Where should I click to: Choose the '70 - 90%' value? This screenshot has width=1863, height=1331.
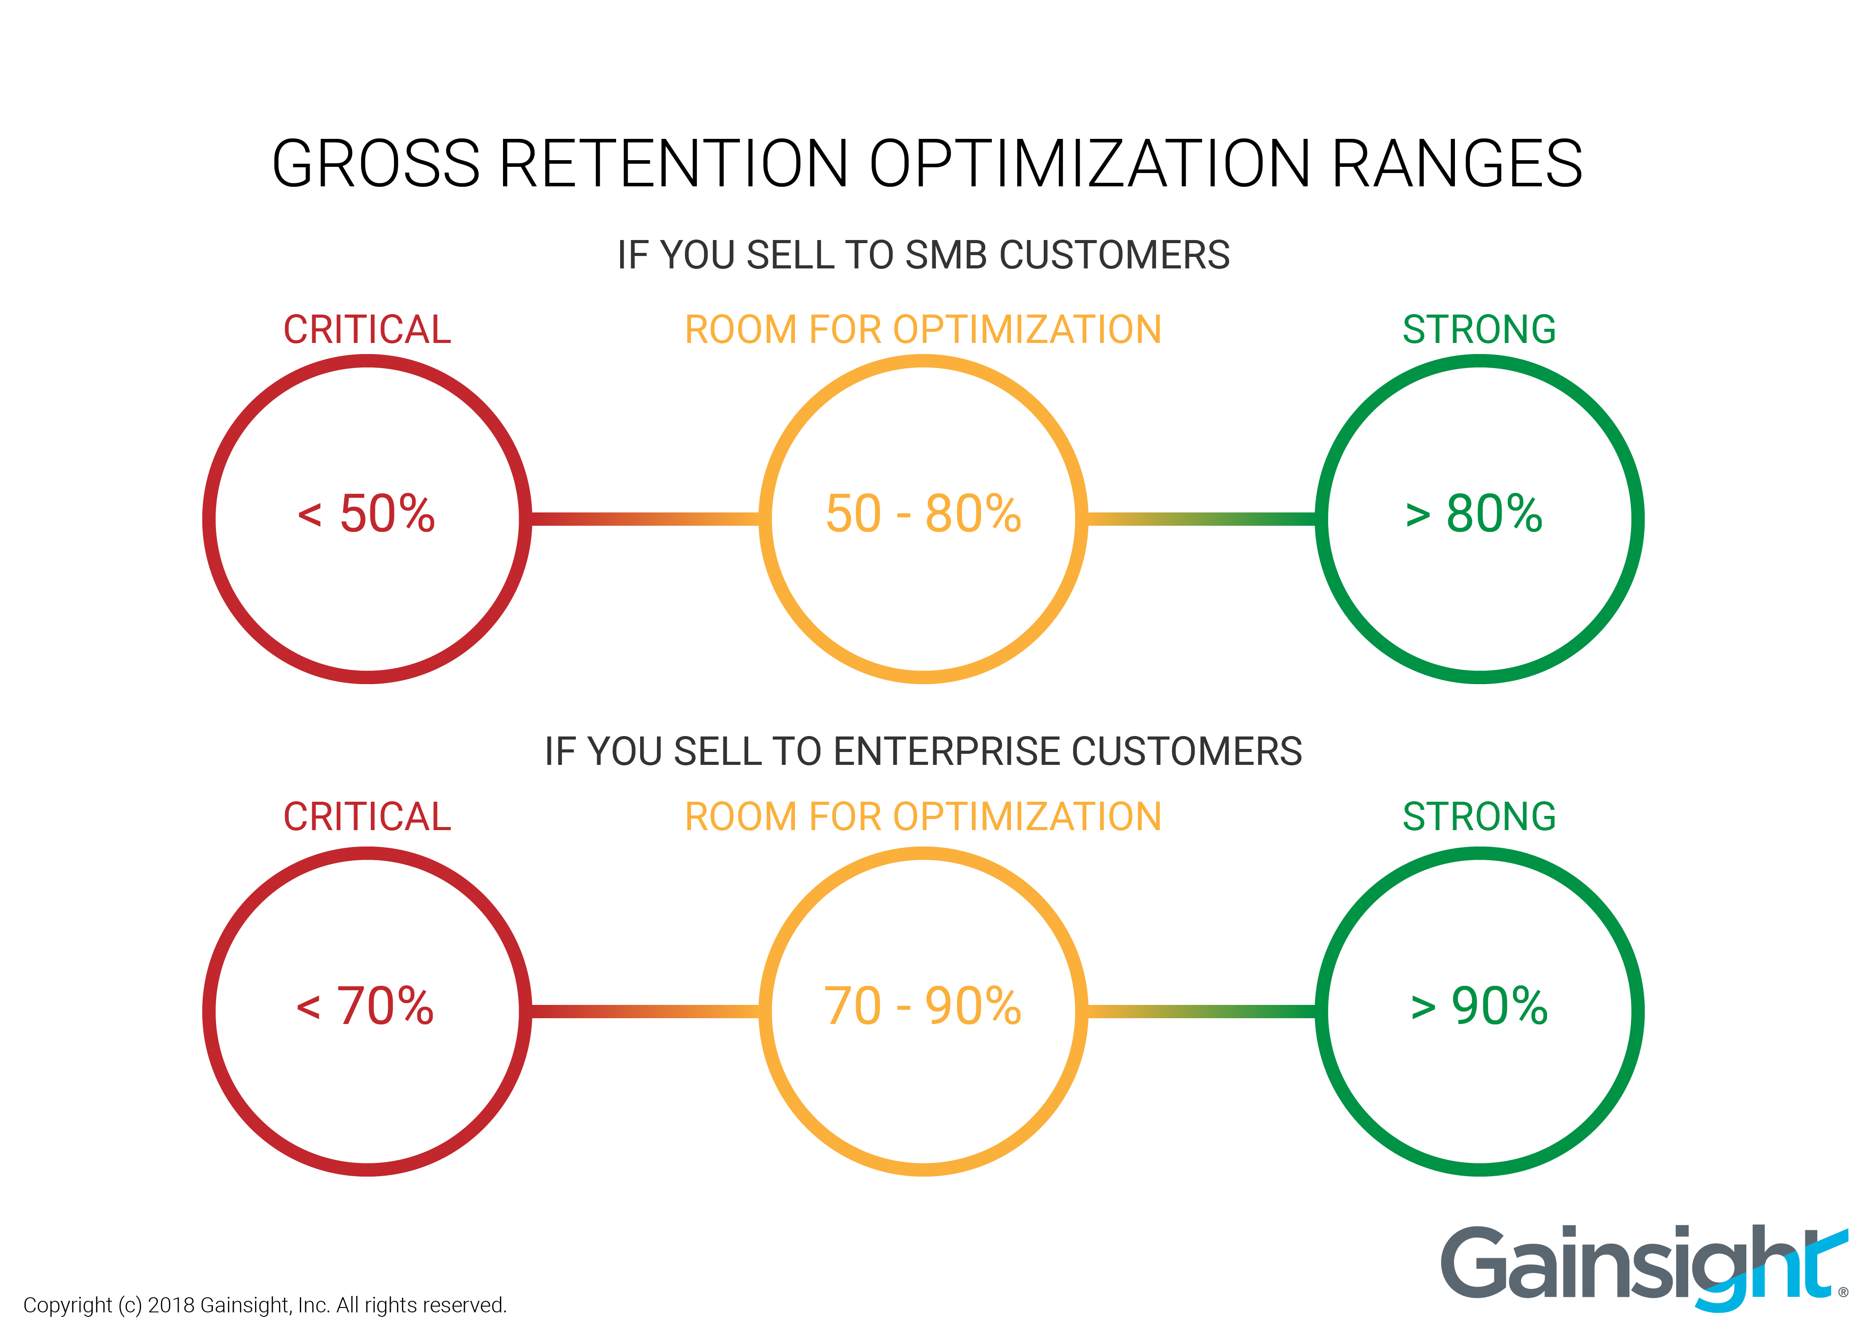[924, 1006]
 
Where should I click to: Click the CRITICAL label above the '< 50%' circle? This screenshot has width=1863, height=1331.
[367, 330]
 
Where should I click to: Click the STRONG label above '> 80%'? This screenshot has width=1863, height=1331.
[1479, 330]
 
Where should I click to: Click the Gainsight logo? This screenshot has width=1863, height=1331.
[1643, 1266]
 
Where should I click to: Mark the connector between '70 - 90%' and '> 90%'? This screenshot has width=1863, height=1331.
[1201, 1012]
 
